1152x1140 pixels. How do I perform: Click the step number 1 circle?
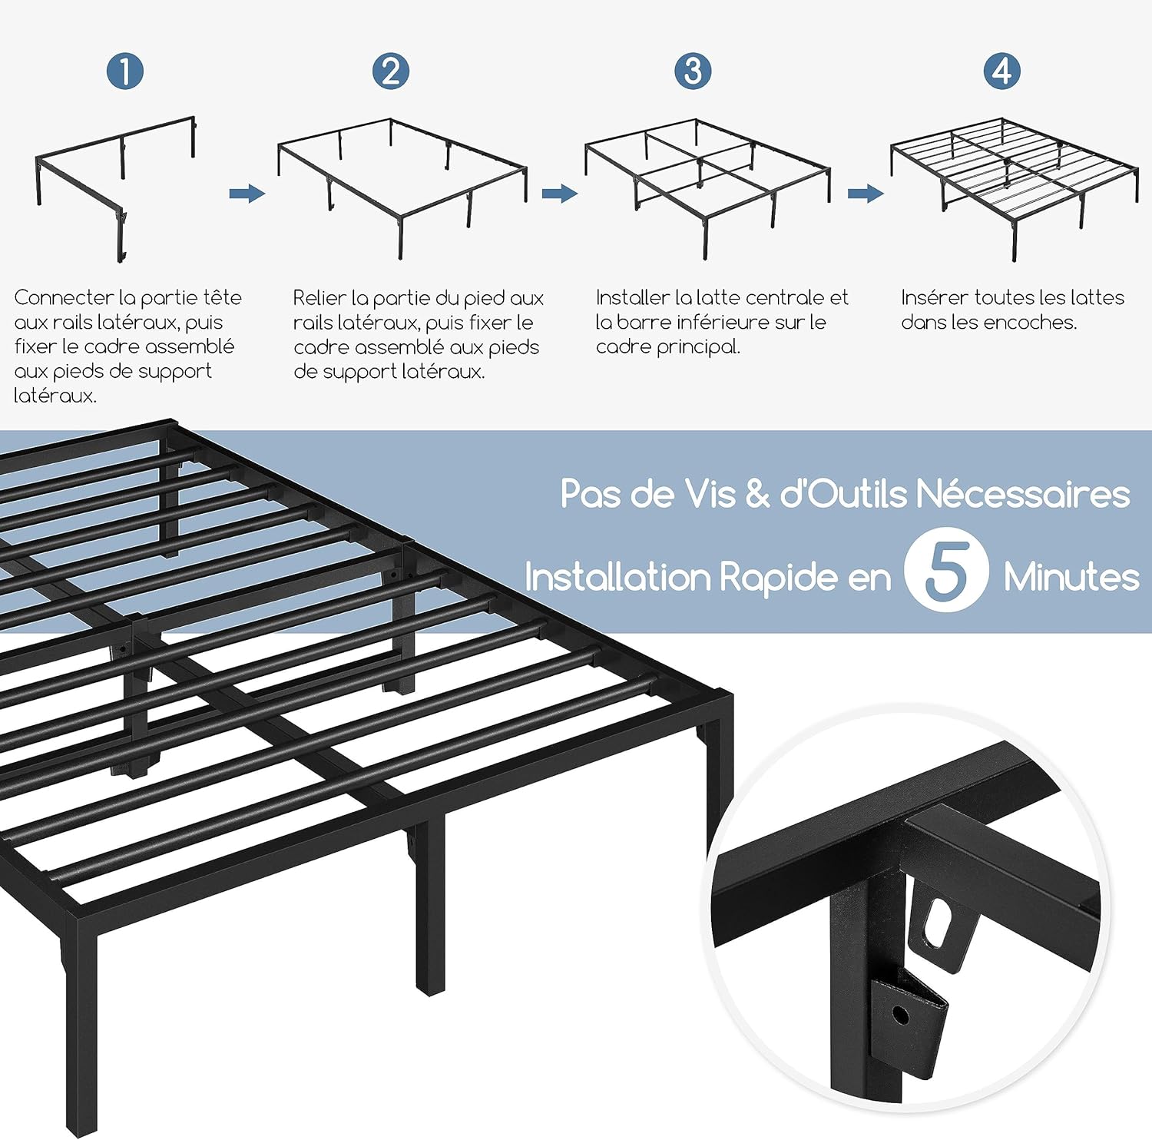pyautogui.click(x=125, y=71)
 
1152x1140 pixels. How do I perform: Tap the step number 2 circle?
pyautogui.click(x=391, y=71)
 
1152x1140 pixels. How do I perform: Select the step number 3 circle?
pyautogui.click(x=693, y=71)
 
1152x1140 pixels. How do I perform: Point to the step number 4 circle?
pyautogui.click(x=1002, y=71)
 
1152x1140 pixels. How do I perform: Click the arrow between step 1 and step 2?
pyautogui.click(x=247, y=194)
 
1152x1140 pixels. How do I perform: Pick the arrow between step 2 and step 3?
pyautogui.click(x=559, y=194)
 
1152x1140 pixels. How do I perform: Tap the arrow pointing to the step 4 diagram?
pyautogui.click(x=866, y=194)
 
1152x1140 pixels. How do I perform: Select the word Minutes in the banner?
pyautogui.click(x=1071, y=577)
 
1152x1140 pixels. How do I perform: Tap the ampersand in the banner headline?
pyautogui.click(x=757, y=494)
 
